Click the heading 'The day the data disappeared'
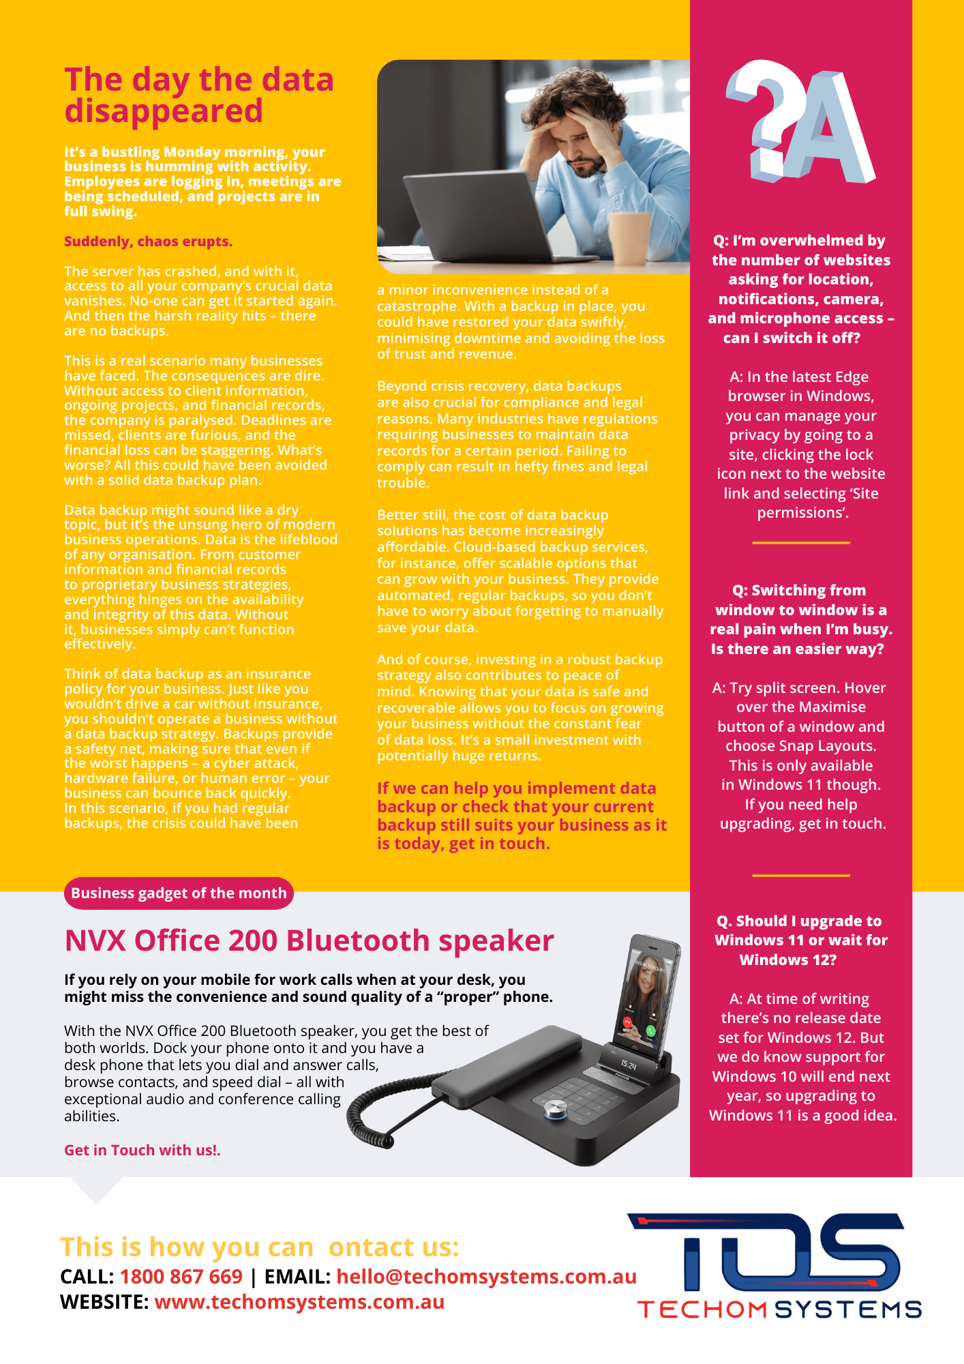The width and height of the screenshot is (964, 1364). (x=199, y=95)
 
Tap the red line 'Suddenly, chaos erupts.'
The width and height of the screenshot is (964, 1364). (x=149, y=241)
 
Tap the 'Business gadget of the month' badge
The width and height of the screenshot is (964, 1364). (x=179, y=893)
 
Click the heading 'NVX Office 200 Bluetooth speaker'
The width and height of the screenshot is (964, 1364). (x=309, y=941)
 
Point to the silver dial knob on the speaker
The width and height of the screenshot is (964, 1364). (x=554, y=1111)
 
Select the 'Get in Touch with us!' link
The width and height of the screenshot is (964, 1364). (x=142, y=1151)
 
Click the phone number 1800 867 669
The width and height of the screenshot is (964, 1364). (x=181, y=1277)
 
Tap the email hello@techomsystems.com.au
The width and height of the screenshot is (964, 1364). (x=486, y=1277)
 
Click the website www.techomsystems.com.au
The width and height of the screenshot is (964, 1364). (x=299, y=1302)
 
